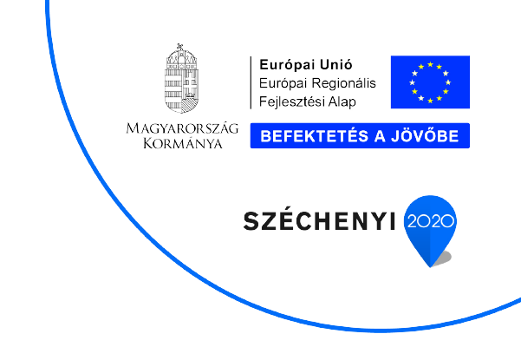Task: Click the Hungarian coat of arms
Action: [x=181, y=78]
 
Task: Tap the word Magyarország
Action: [x=182, y=128]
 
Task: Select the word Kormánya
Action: [x=183, y=143]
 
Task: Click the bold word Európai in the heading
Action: [x=283, y=65]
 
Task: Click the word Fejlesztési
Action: [x=291, y=101]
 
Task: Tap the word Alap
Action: [x=342, y=102]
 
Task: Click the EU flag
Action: [x=430, y=82]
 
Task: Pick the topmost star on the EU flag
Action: [x=430, y=64]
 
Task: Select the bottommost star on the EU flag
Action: [x=430, y=101]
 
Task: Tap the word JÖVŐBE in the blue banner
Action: [x=425, y=135]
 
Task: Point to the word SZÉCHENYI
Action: [x=319, y=220]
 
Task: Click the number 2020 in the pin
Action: [x=430, y=221]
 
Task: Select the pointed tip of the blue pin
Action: [x=430, y=266]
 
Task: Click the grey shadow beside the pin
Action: [x=444, y=258]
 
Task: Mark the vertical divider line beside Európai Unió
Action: [x=251, y=82]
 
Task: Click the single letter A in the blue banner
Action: [x=380, y=136]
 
